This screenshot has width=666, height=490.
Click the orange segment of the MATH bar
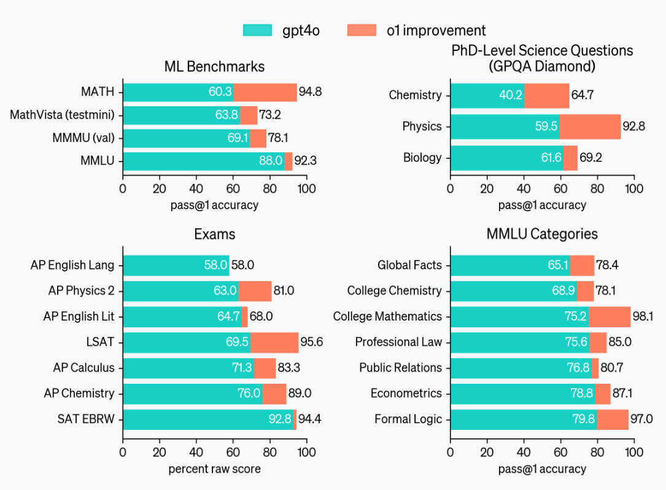tap(265, 92)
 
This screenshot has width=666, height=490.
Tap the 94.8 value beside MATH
tap(311, 92)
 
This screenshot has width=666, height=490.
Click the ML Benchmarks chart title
tap(214, 66)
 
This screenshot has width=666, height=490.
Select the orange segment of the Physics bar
tap(590, 126)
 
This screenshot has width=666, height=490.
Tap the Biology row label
tap(422, 158)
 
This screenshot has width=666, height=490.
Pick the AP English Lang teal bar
tap(176, 265)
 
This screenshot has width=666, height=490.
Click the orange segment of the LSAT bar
tap(274, 342)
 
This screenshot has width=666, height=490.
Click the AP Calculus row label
tap(83, 368)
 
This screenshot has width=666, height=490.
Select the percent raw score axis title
tap(214, 469)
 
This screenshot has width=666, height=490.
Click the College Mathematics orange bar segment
tap(610, 316)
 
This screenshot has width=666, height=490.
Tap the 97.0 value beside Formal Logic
tap(640, 419)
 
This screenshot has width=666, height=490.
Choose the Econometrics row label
tap(406, 394)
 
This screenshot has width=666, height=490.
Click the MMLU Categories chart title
tap(542, 234)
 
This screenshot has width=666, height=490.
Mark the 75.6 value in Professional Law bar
tap(575, 342)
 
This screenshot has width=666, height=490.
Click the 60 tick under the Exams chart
tap(233, 452)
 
